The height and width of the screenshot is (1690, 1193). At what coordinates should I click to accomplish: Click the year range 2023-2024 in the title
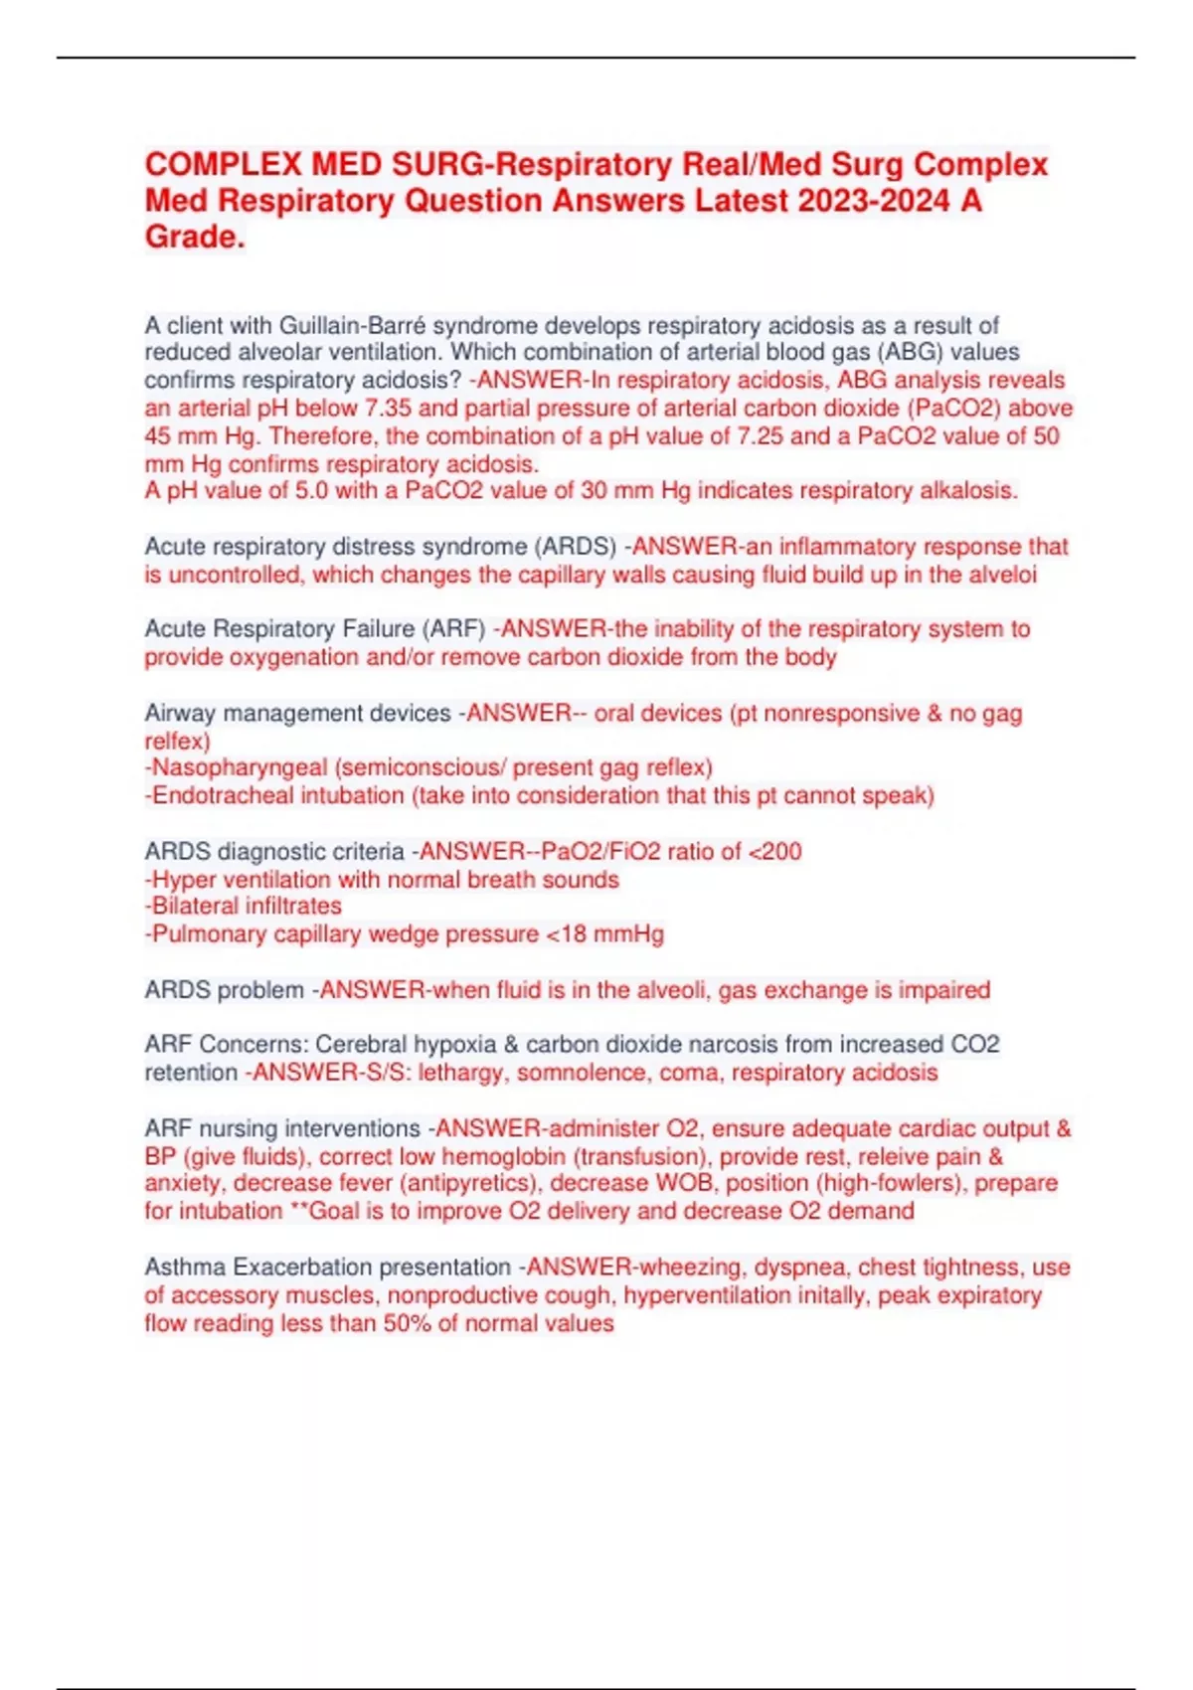873,201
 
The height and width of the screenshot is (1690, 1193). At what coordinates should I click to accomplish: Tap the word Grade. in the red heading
195,238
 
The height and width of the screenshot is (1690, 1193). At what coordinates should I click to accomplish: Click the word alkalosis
968,490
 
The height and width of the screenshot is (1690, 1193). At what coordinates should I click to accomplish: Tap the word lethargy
462,1073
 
